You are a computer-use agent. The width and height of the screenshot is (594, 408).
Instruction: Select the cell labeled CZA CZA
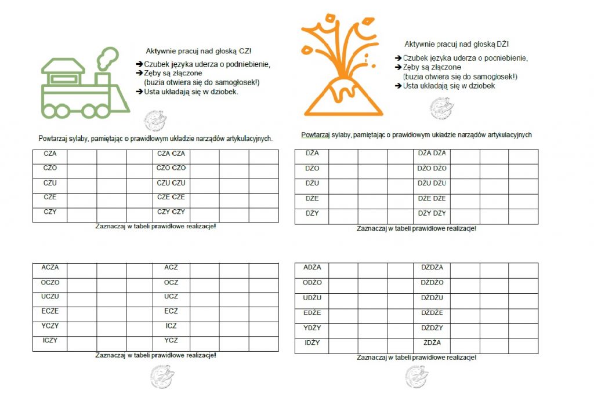click(171, 154)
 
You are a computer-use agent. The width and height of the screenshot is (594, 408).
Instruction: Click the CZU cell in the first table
click(50, 183)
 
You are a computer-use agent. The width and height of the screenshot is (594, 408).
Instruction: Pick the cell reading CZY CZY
click(171, 212)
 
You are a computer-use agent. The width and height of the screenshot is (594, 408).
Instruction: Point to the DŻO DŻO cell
click(432, 168)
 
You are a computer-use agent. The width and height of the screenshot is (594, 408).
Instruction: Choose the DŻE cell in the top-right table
click(312, 198)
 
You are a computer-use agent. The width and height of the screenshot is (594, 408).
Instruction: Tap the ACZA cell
click(50, 267)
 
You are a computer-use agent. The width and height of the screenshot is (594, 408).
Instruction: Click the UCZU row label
click(50, 296)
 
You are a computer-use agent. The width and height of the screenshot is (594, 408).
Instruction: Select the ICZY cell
click(50, 340)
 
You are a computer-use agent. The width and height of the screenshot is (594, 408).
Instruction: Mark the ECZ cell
click(171, 311)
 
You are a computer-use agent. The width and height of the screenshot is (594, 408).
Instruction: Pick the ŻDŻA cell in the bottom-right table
click(432, 343)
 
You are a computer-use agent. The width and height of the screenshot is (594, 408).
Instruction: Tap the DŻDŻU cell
click(432, 297)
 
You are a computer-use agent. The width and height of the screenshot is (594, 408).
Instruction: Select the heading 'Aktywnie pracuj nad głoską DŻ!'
click(457, 44)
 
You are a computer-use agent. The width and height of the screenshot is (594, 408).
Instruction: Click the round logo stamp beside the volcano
click(441, 108)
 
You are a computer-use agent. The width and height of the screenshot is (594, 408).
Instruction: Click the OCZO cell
click(50, 282)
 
